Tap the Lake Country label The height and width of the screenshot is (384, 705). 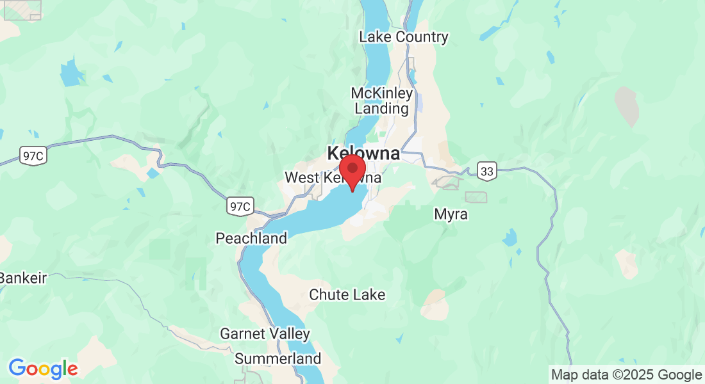coord(404,36)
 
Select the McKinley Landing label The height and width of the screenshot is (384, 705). coord(382,101)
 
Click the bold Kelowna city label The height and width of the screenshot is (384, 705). coord(363,153)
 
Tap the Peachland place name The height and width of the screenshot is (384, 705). coord(251,239)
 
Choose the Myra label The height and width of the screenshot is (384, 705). coord(451,214)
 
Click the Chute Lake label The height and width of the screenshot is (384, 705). coord(347,294)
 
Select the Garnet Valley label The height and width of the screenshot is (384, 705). coord(265,333)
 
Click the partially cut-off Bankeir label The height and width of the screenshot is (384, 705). coord(23,278)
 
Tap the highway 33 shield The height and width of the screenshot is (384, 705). coord(487,170)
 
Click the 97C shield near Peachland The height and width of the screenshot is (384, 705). coord(240,206)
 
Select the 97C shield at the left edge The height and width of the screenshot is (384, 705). coord(33,155)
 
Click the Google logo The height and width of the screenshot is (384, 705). coord(43,369)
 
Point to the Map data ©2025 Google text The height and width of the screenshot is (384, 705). coord(627,374)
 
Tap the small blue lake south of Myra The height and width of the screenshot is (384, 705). coord(510,238)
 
